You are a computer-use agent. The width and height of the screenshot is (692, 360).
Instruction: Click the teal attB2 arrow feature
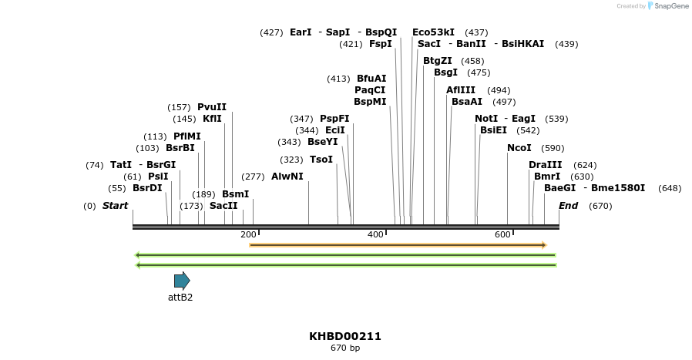[x=182, y=281]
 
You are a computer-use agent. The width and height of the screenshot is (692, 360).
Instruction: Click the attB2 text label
[x=180, y=298]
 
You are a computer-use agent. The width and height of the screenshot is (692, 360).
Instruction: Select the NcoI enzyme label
[x=519, y=148]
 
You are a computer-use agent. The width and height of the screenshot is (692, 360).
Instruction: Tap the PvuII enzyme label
[x=212, y=107]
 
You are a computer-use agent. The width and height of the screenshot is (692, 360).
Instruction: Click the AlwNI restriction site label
[x=287, y=177]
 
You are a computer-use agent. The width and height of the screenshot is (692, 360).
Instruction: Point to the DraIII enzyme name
[x=546, y=165]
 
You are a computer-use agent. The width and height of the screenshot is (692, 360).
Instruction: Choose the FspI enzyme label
[x=381, y=44]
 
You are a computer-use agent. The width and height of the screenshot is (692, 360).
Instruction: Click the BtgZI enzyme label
[x=438, y=61]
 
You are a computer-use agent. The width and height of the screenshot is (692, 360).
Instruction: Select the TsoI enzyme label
[x=321, y=160]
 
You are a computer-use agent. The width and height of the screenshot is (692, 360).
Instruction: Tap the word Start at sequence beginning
[x=115, y=206]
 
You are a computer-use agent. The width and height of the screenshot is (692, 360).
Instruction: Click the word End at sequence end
[x=569, y=206]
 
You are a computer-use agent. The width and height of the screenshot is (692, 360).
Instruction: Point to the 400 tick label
[x=375, y=234]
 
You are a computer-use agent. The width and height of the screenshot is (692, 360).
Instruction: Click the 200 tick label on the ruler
[x=248, y=234]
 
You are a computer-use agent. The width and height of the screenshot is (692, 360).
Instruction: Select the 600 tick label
[x=502, y=234]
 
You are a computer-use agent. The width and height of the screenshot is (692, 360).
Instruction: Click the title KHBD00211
[x=345, y=336]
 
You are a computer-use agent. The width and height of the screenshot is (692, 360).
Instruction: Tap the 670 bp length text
[x=345, y=348]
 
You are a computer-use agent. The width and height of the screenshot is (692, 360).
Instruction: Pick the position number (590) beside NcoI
[x=553, y=148]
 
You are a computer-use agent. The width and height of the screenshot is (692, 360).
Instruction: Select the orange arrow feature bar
[x=398, y=245]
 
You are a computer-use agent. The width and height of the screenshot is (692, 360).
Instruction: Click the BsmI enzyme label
[x=236, y=194]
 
